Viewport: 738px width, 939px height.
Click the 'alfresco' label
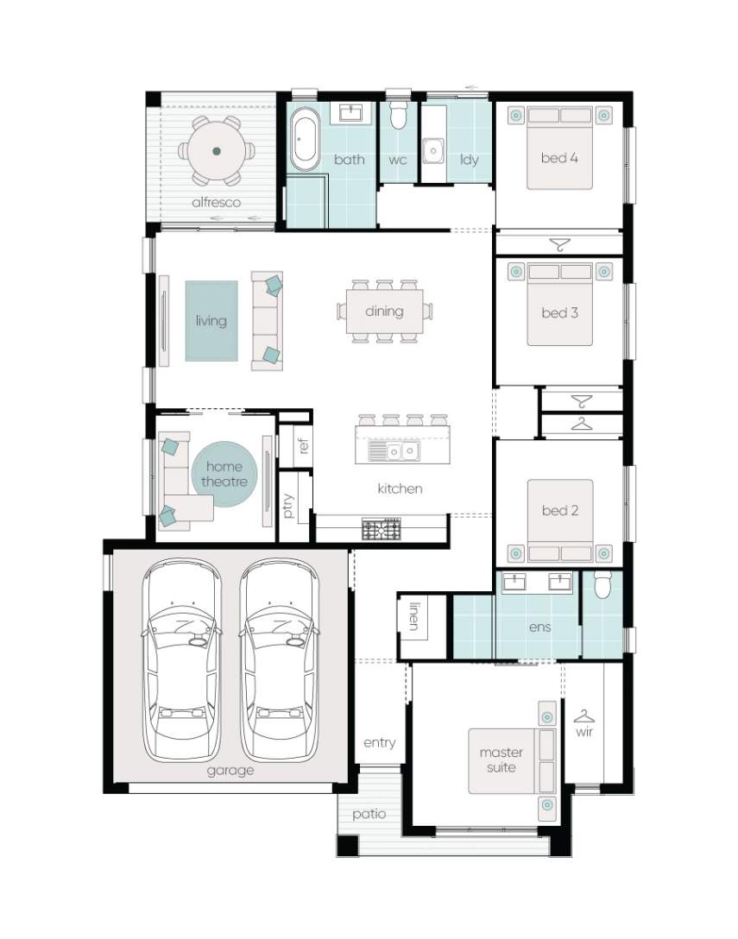tap(217, 203)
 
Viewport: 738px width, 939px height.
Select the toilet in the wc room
tap(397, 115)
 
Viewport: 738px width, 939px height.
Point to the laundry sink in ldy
tap(433, 150)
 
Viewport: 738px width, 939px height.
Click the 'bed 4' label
tap(559, 158)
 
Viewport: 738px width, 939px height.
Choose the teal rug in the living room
tap(211, 321)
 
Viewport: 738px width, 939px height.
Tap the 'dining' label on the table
tap(385, 312)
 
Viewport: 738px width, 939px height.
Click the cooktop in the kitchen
tap(382, 529)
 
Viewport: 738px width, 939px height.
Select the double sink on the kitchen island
tap(394, 451)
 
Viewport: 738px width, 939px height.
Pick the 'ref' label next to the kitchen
tap(303, 445)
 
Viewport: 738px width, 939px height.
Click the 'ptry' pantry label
tap(289, 506)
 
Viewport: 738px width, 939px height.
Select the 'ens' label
tap(539, 627)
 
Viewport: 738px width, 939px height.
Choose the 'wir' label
tap(584, 732)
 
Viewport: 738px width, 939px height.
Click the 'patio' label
tap(369, 815)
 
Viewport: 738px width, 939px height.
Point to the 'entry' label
tap(380, 743)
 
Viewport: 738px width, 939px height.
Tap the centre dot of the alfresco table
tap(217, 151)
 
